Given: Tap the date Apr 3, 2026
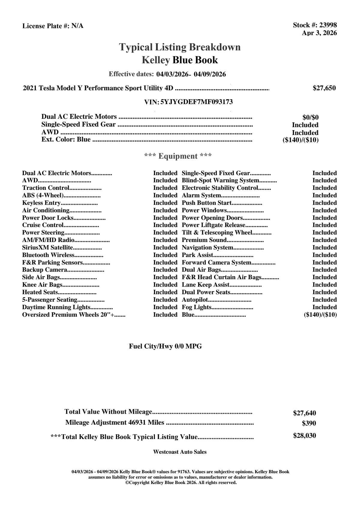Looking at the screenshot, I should pyautogui.click(x=319, y=33).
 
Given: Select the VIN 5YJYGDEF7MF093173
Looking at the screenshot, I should pyautogui.click(x=197, y=102).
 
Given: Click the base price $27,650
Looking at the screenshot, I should pyautogui.click(x=324, y=88).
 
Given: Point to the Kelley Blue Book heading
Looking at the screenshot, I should pyautogui.click(x=180, y=60).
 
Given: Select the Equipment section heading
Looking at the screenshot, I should pyautogui.click(x=178, y=156).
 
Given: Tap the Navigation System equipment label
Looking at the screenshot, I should pyautogui.click(x=207, y=248).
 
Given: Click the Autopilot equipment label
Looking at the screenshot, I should pyautogui.click(x=195, y=300).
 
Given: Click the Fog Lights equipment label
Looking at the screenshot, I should pyautogui.click(x=197, y=307).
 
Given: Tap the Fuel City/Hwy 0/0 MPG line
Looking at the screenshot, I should pyautogui.click(x=165, y=346).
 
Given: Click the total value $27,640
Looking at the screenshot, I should pyautogui.click(x=304, y=413).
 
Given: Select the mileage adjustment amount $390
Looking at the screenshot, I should pyautogui.click(x=309, y=424).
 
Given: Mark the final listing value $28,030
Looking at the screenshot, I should pyautogui.click(x=304, y=436).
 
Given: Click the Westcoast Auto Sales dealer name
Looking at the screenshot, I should pyautogui.click(x=180, y=452).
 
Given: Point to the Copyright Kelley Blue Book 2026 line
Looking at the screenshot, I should pyautogui.click(x=181, y=483).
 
